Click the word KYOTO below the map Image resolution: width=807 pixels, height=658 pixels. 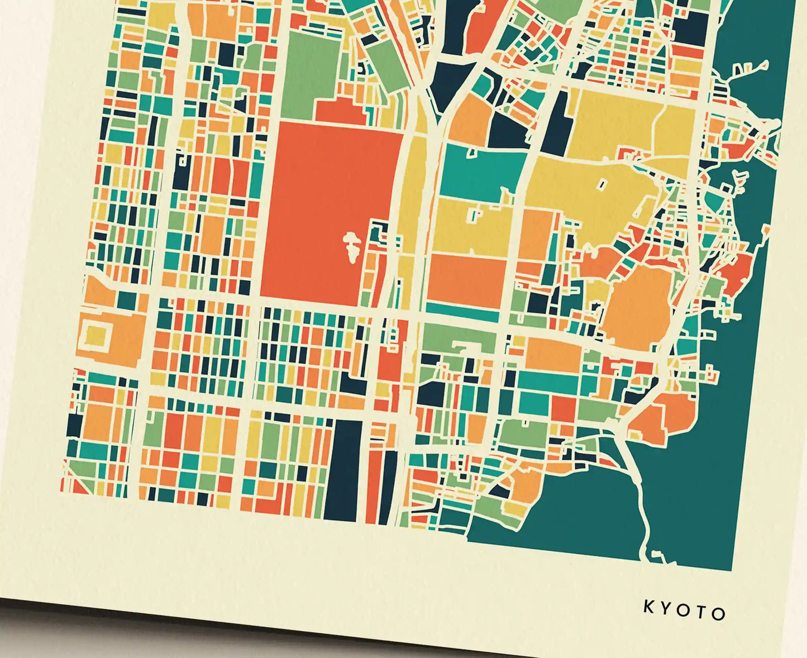click(x=684, y=611)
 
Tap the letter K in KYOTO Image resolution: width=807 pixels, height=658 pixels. click(x=649, y=607)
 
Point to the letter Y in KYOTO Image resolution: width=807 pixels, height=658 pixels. click(x=666, y=609)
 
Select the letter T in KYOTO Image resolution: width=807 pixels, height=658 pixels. click(x=702, y=612)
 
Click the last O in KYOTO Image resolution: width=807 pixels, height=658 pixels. click(x=719, y=614)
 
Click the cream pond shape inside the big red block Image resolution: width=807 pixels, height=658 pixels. click(x=352, y=246)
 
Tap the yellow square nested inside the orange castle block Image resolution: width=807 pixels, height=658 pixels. click(x=95, y=336)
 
